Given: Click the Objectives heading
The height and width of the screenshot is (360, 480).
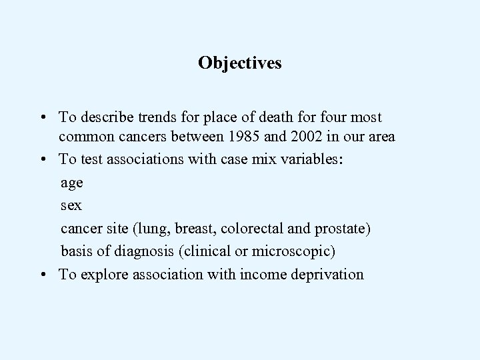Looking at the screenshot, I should (239, 63).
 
